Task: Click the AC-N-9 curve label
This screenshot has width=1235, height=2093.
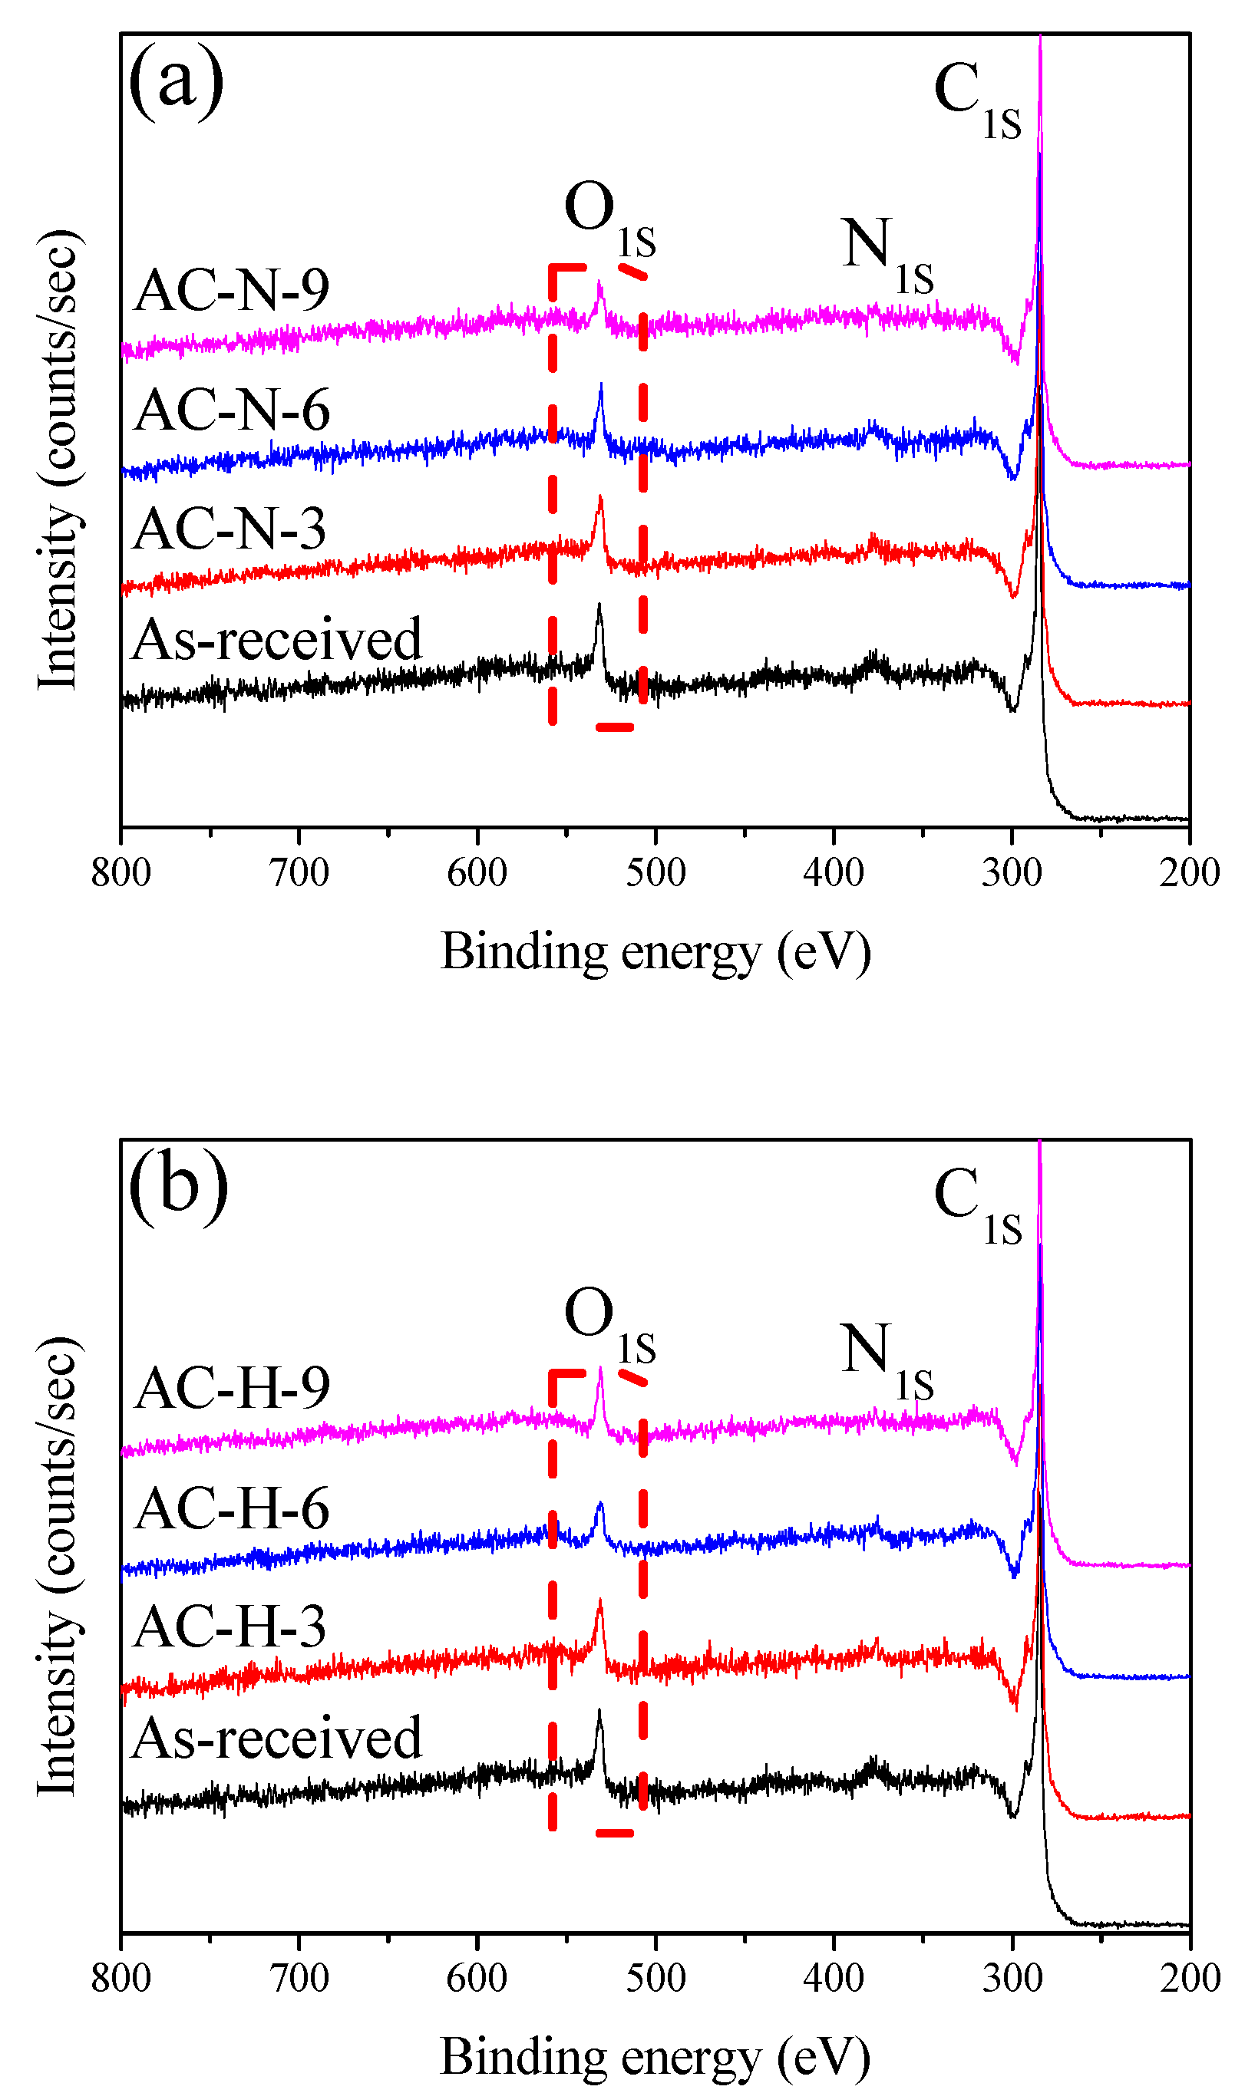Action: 231,290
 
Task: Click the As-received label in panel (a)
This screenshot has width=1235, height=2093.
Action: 276,640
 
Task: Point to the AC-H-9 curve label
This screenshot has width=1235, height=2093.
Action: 231,1389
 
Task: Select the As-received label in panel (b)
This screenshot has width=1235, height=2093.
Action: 276,1738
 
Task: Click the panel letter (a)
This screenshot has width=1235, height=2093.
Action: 177,81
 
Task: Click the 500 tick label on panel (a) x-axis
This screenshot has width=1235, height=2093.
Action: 655,872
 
